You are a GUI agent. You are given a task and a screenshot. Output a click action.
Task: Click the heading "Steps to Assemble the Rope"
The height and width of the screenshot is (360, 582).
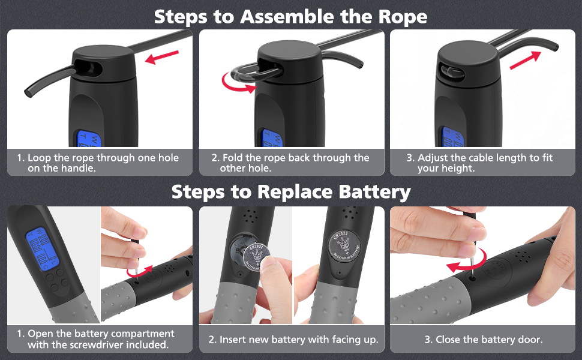(x=290, y=16)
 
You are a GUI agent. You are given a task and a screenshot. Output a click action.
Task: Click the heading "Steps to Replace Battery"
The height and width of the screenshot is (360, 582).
(x=290, y=191)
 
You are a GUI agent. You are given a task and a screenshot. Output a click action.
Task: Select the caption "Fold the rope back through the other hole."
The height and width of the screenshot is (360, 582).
(x=290, y=163)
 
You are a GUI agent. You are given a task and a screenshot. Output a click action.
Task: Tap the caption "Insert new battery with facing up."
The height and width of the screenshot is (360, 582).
(x=293, y=340)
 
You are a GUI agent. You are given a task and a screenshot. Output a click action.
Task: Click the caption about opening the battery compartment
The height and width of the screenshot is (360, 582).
(x=97, y=339)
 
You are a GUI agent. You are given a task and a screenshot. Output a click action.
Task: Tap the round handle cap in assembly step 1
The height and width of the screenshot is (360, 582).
(x=105, y=59)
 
